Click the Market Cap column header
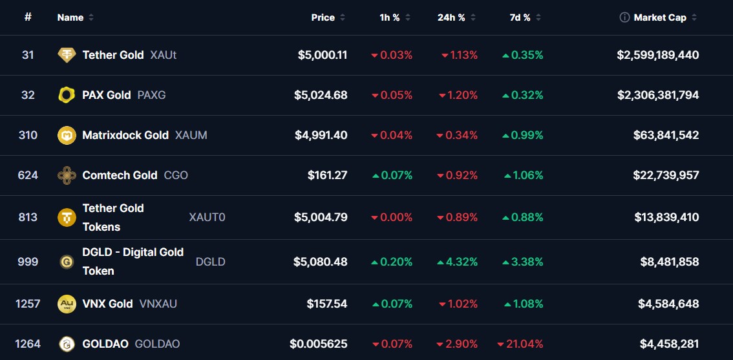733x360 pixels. coord(660,17)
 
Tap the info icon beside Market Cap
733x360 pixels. coord(624,17)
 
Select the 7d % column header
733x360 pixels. coord(520,17)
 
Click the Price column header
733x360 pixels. coord(323,17)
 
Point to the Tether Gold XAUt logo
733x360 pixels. coord(67,55)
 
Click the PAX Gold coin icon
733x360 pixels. coord(67,95)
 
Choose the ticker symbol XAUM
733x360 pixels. coord(191,135)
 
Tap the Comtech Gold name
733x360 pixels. coord(120,175)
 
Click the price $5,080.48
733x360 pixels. coord(321,262)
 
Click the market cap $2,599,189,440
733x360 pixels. coord(657,55)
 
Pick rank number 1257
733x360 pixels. coord(28,304)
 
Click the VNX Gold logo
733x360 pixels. coord(67,304)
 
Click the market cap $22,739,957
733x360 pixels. coord(666,175)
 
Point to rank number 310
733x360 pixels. coord(28,135)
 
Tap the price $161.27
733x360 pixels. coord(327,175)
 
